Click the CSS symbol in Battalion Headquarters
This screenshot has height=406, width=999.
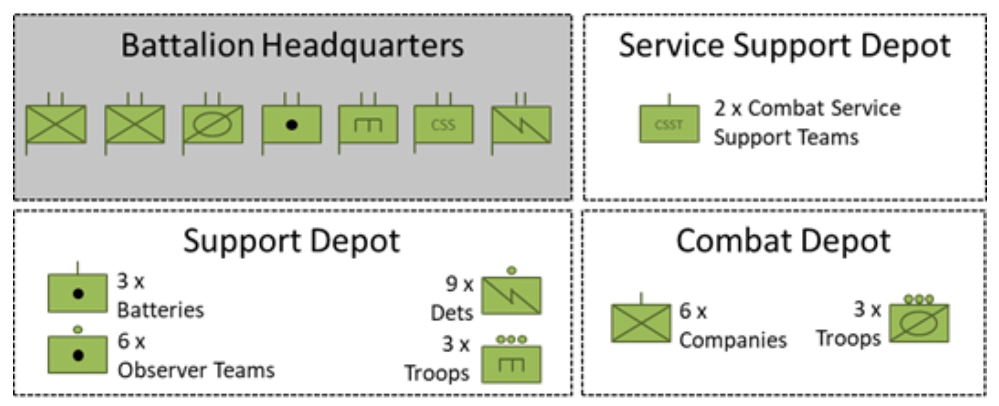(x=443, y=125)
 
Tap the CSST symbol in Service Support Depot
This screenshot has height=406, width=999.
(x=669, y=124)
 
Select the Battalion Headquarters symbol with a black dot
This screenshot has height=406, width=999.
(x=292, y=125)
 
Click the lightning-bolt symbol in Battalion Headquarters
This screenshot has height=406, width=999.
(x=521, y=125)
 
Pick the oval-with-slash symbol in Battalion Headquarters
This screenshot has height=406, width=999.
(x=213, y=125)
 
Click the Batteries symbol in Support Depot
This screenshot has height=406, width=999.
(x=78, y=293)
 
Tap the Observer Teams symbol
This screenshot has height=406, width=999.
(x=78, y=355)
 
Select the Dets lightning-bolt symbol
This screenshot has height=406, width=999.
(x=511, y=296)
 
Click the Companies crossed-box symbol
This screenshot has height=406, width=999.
(x=640, y=323)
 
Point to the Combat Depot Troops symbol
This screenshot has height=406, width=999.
(x=919, y=323)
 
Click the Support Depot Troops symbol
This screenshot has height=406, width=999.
(x=511, y=364)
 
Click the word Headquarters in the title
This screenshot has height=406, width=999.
(x=363, y=46)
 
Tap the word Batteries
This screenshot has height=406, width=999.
(x=160, y=310)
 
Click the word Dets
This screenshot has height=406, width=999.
(x=452, y=313)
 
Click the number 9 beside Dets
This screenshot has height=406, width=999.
(x=451, y=284)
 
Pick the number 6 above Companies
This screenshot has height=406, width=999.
(x=685, y=311)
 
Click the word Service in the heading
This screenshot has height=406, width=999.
(x=671, y=46)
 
